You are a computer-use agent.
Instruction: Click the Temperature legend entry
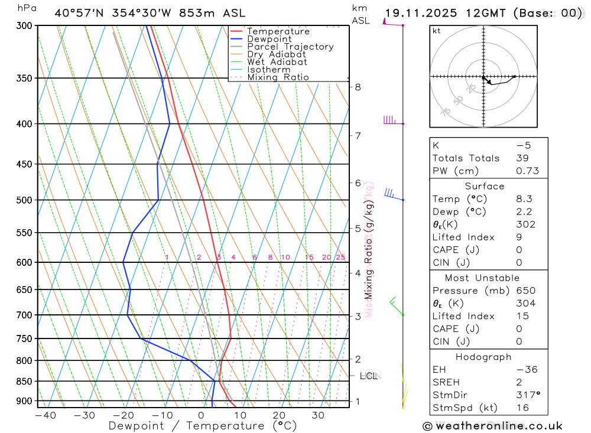pyautogui.click(x=278, y=31)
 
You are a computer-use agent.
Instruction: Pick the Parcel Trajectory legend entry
pyautogui.click(x=290, y=47)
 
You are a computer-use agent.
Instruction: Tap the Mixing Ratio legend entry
pyautogui.click(x=278, y=77)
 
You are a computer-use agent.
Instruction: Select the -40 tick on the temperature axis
pyautogui.click(x=46, y=415)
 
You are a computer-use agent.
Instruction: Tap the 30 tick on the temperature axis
pyautogui.click(x=317, y=415)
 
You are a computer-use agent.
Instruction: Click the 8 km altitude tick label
pyautogui.click(x=358, y=87)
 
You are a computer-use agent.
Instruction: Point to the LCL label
pyautogui.click(x=368, y=376)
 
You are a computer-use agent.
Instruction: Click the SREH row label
pyautogui.click(x=446, y=382)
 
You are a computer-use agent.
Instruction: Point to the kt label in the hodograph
pyautogui.click(x=436, y=31)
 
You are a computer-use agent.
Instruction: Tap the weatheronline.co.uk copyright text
pyautogui.click(x=492, y=426)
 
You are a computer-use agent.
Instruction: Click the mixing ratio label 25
pyautogui.click(x=340, y=257)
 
